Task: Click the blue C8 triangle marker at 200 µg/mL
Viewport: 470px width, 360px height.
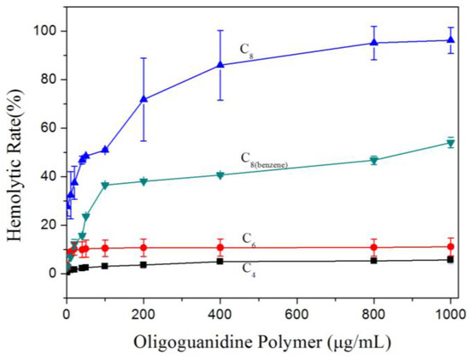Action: [x=144, y=99]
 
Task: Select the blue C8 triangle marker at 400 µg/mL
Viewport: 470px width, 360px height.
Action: [x=220, y=64]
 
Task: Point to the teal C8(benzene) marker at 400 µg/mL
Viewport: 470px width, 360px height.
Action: [x=220, y=175]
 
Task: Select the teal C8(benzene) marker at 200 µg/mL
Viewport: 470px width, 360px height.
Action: [x=144, y=182]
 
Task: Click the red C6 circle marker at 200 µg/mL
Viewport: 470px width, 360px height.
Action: [x=144, y=248]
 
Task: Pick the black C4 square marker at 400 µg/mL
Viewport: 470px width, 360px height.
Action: [x=220, y=261]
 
